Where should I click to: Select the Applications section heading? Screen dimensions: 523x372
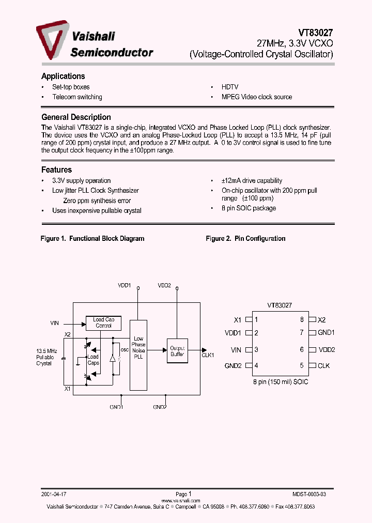click(63, 76)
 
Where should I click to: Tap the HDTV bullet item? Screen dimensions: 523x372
click(230, 87)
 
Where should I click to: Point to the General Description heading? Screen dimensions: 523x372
click(76, 117)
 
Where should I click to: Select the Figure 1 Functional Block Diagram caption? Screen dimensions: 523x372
click(92, 239)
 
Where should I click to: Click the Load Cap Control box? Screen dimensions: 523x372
click(104, 323)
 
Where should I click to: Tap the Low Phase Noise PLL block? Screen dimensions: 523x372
click(138, 347)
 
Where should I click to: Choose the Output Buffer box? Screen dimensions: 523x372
click(177, 351)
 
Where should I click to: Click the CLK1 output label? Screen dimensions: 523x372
click(208, 356)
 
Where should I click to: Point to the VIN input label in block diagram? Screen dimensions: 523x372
click(55, 324)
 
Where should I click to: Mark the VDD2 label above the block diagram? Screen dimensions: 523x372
click(164, 285)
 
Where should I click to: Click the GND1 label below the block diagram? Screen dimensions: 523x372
click(116, 407)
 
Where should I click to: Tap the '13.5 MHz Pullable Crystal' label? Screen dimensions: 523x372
click(44, 357)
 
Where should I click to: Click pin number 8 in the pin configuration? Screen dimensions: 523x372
click(302, 320)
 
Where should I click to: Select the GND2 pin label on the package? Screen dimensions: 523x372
click(234, 366)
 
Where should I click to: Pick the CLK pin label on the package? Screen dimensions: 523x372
click(323, 366)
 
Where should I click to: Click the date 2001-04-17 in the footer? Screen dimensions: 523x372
click(53, 495)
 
